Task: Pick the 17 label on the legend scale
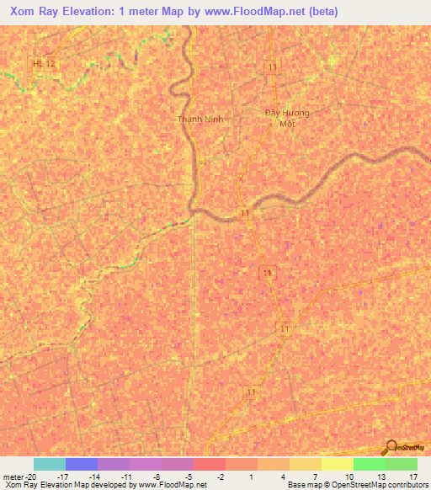click(x=413, y=476)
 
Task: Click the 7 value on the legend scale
click(x=315, y=476)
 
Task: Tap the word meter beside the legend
click(x=13, y=476)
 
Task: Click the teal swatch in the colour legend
click(x=49, y=464)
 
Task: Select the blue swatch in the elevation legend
click(x=81, y=464)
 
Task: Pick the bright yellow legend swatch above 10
click(x=337, y=464)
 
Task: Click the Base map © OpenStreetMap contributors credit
click(x=356, y=485)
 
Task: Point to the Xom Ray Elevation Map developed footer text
click(x=105, y=485)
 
